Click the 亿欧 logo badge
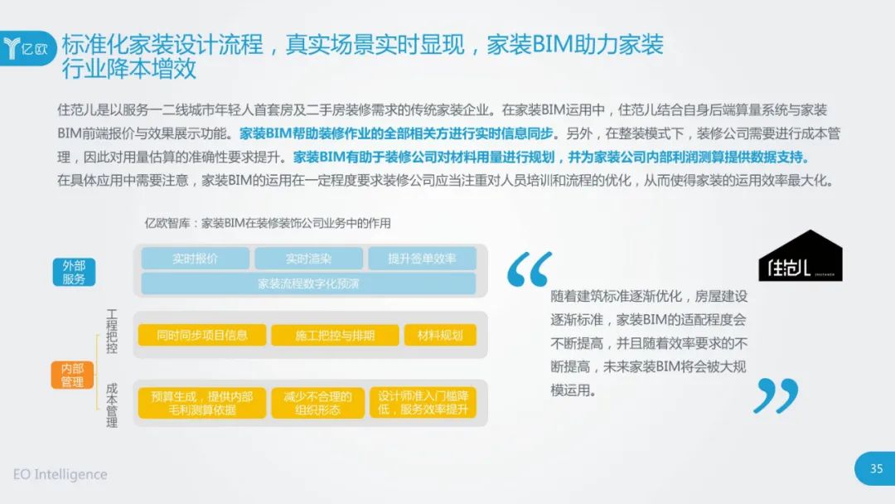pyautogui.click(x=28, y=48)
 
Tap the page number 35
pyautogui.click(x=876, y=468)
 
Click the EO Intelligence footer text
pyautogui.click(x=60, y=474)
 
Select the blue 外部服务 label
pyautogui.click(x=74, y=272)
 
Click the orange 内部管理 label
pyautogui.click(x=72, y=375)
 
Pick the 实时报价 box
pyautogui.click(x=196, y=259)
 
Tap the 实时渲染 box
pyautogui.click(x=308, y=259)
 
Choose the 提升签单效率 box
pyautogui.click(x=422, y=259)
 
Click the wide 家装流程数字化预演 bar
pyautogui.click(x=308, y=283)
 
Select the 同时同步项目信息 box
pyautogui.click(x=202, y=335)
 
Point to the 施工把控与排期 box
pyautogui.click(x=335, y=335)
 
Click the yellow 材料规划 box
pyautogui.click(x=440, y=335)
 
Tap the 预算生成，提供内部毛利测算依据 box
pyautogui.click(x=202, y=403)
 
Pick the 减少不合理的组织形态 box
pyautogui.click(x=317, y=403)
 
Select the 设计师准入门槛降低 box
pyautogui.click(x=423, y=403)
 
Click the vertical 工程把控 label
pyautogui.click(x=112, y=332)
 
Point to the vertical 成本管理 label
pyautogui.click(x=112, y=405)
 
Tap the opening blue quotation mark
pyautogui.click(x=529, y=269)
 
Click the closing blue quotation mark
pyautogui.click(x=776, y=395)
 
